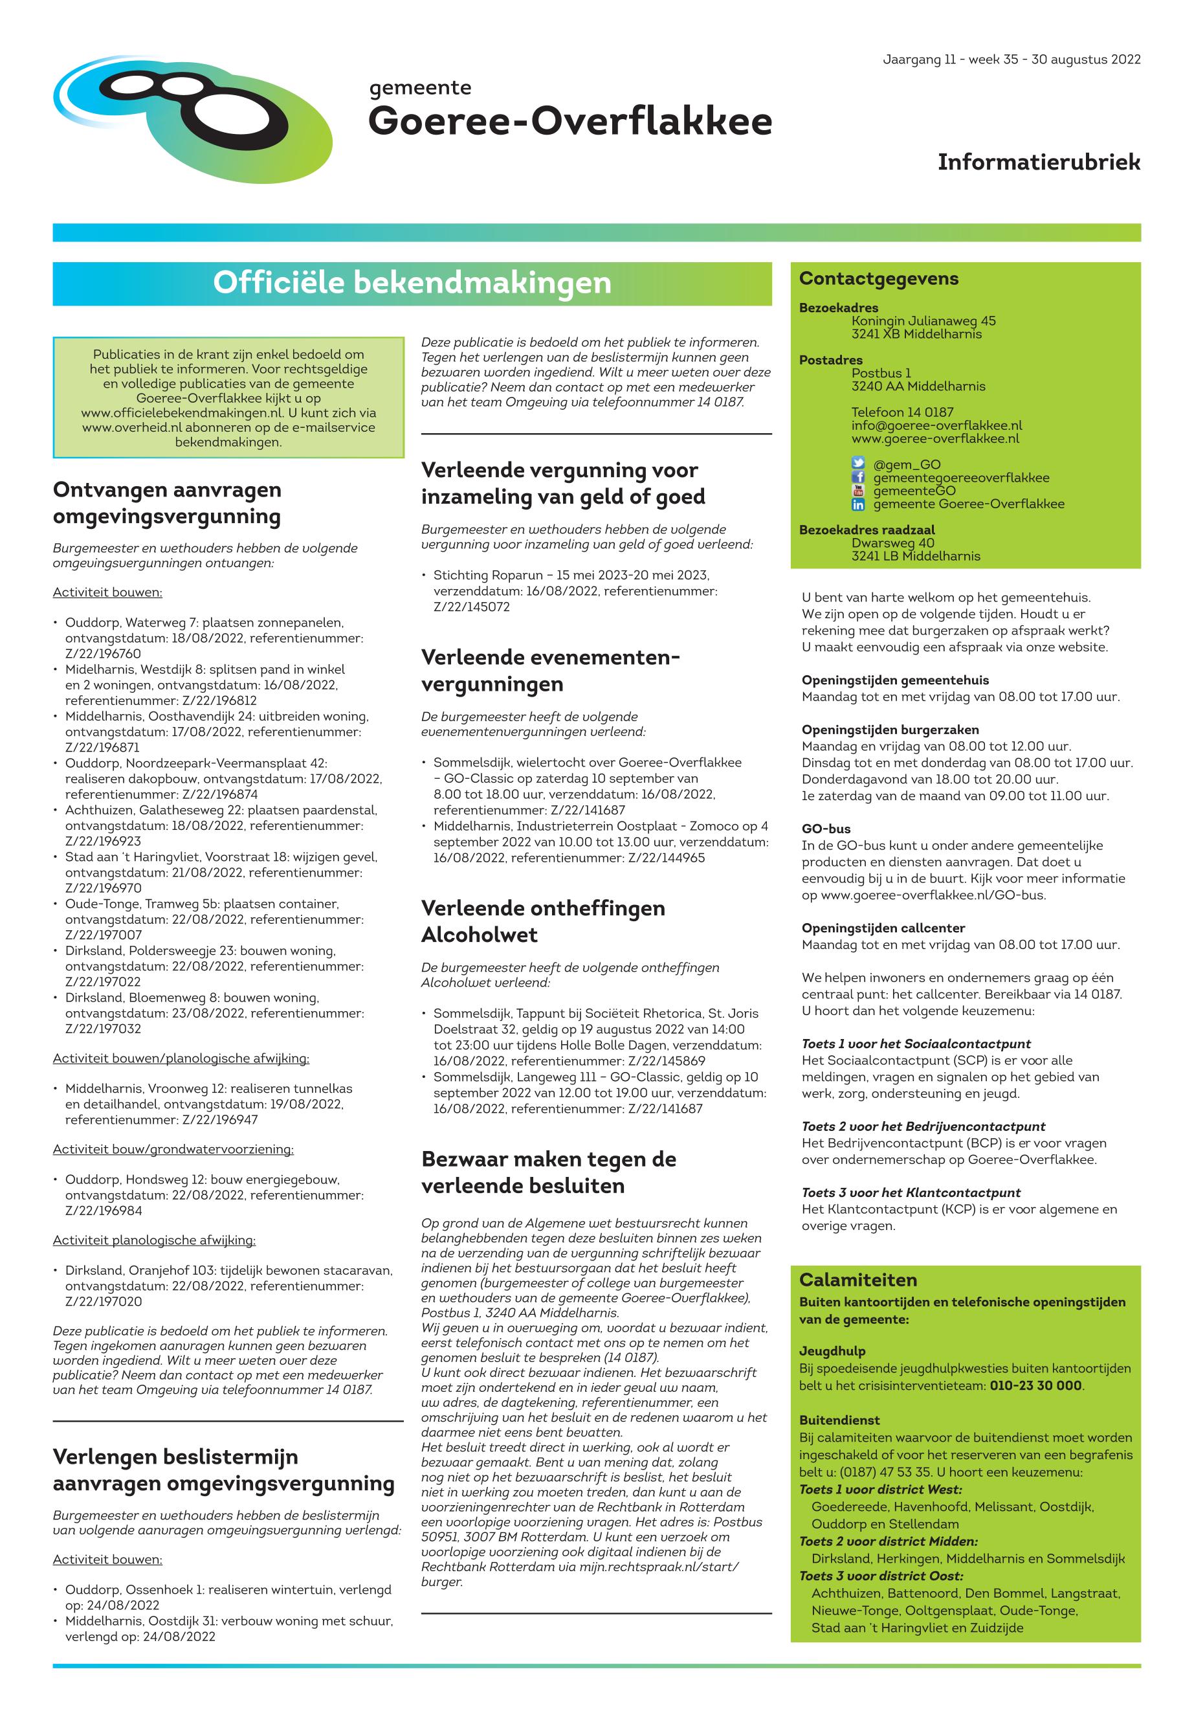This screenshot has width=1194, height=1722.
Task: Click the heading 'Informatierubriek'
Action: click(x=1039, y=162)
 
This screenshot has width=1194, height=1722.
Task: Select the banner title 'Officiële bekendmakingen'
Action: click(x=412, y=283)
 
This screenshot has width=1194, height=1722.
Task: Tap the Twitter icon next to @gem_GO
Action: click(x=858, y=464)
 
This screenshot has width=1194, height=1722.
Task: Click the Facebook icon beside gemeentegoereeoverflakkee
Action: click(x=858, y=478)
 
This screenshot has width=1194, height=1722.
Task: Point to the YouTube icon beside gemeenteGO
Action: click(x=858, y=491)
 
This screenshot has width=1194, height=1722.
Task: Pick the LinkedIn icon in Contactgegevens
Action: click(x=858, y=504)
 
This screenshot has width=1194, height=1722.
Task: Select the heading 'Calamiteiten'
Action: click(x=857, y=1280)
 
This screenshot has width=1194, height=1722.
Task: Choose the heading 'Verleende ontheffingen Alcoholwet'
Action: click(x=543, y=921)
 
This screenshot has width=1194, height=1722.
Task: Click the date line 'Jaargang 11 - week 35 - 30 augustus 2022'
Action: click(x=1012, y=60)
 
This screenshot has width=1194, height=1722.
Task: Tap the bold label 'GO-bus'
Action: click(x=826, y=829)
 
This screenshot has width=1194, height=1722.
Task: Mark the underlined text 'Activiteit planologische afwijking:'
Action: click(x=154, y=1240)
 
